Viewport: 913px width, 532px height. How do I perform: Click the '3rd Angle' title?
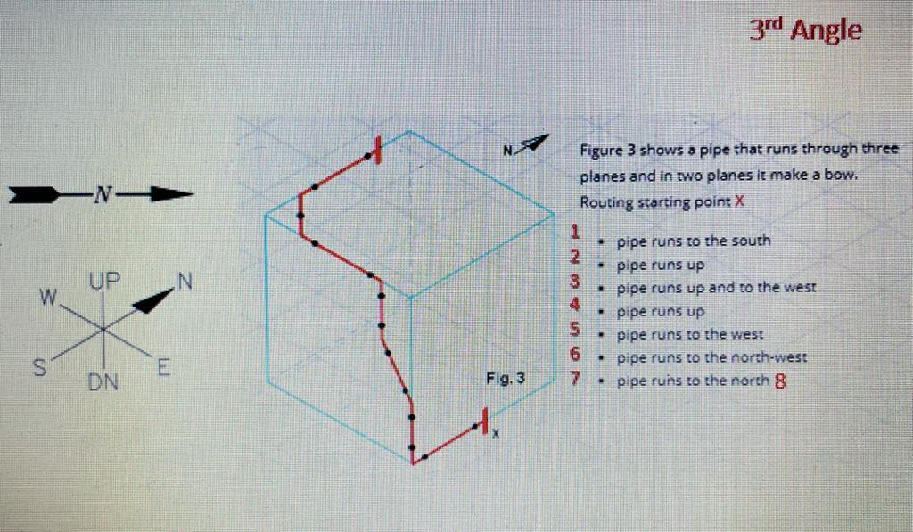tap(804, 29)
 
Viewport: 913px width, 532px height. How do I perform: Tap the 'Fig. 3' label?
tap(506, 378)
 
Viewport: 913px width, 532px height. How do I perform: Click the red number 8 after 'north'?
tap(781, 382)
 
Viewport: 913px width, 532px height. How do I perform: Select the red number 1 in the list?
tap(576, 233)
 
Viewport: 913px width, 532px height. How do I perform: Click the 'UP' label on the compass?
tap(103, 282)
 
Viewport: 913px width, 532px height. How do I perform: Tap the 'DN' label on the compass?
tap(104, 383)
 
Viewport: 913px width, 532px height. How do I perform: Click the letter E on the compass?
tap(164, 365)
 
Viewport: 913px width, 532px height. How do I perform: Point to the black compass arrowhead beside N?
tap(152, 300)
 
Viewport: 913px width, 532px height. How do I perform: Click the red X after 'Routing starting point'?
tap(739, 201)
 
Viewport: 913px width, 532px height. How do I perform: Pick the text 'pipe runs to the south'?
tap(693, 241)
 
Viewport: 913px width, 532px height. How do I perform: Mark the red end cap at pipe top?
tap(378, 150)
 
